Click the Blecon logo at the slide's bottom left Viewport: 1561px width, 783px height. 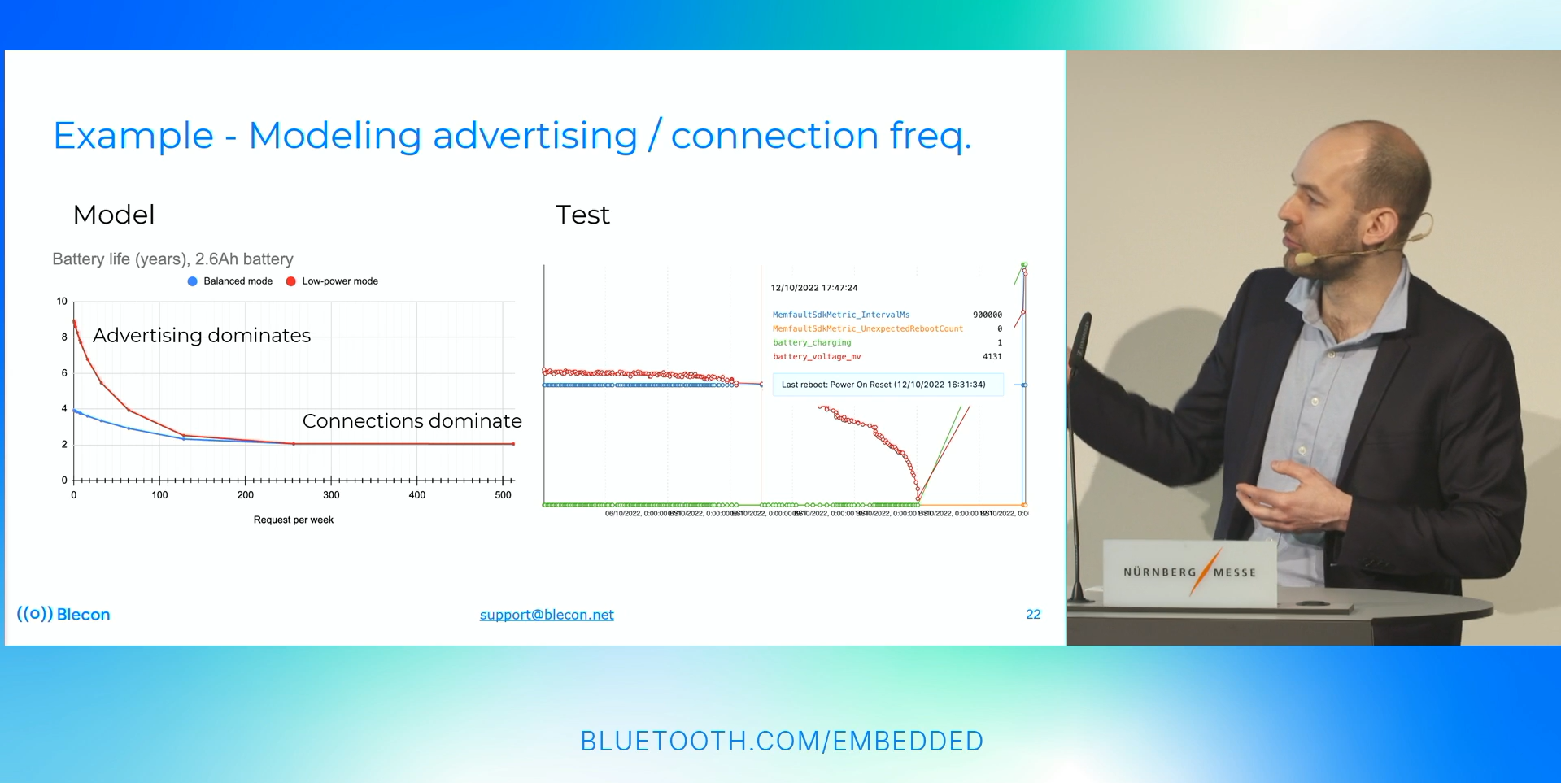tap(63, 615)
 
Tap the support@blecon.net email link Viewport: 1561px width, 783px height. tap(547, 615)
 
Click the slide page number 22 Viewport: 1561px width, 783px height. tap(1033, 615)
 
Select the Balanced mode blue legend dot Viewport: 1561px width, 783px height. tap(193, 281)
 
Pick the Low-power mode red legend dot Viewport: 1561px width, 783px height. tap(290, 281)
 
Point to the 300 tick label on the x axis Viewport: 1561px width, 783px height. tap(331, 495)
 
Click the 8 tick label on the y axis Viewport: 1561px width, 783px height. tap(64, 337)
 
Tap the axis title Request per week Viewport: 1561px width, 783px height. tap(293, 520)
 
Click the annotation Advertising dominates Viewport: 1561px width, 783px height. tap(202, 336)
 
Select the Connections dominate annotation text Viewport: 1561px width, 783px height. tap(412, 421)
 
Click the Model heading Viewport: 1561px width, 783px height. tap(114, 215)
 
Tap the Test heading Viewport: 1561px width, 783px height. tap(582, 215)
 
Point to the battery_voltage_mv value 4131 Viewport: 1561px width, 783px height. tap(992, 357)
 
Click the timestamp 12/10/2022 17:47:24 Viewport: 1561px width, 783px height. tap(813, 288)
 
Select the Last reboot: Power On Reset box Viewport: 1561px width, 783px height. tap(883, 385)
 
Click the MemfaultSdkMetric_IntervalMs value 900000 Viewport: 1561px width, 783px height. tap(987, 315)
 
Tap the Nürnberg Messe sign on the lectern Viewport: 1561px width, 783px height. tap(1189, 572)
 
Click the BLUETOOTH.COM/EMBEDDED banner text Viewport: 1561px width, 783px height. tap(782, 742)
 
